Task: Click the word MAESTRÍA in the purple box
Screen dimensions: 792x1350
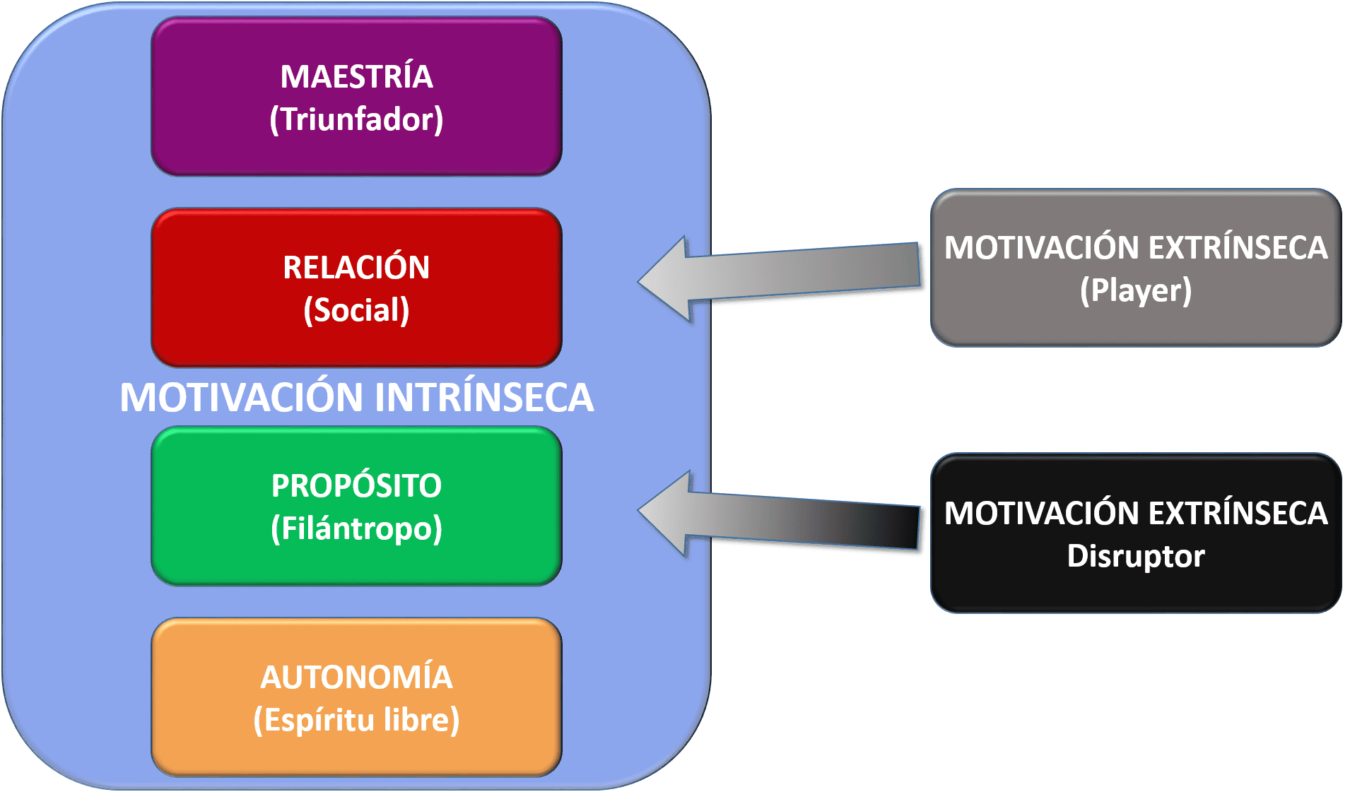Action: coord(356,77)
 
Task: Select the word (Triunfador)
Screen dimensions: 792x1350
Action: coord(356,119)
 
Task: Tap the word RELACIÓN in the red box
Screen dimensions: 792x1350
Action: coord(356,268)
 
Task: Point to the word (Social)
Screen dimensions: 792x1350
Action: coord(356,310)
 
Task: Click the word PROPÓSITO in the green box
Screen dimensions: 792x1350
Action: coord(356,486)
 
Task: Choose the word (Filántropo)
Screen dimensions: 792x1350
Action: coord(356,528)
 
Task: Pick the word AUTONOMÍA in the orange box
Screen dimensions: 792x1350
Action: coord(356,678)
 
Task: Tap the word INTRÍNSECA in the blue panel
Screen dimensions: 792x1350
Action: coord(484,397)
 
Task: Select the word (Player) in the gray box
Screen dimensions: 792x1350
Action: coord(1136,290)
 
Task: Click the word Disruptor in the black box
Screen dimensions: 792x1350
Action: coord(1136,556)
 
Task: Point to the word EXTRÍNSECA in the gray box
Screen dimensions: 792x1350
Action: coord(1238,248)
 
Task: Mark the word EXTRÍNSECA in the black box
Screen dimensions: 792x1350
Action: coord(1238,514)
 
